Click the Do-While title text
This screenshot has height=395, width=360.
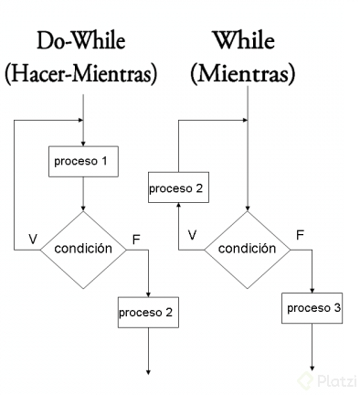80,42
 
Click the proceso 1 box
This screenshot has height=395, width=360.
83,162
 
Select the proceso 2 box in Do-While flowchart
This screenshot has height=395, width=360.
147,312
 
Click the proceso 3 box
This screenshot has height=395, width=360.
312,307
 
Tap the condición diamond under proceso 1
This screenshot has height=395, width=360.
83,248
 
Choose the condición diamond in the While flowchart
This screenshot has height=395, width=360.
248,248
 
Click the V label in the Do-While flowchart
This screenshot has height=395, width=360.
33,239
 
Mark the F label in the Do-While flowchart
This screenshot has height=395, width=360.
137,239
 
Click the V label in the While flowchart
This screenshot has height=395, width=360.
192,235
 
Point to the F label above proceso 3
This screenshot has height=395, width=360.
299,235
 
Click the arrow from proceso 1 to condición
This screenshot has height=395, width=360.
83,194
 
